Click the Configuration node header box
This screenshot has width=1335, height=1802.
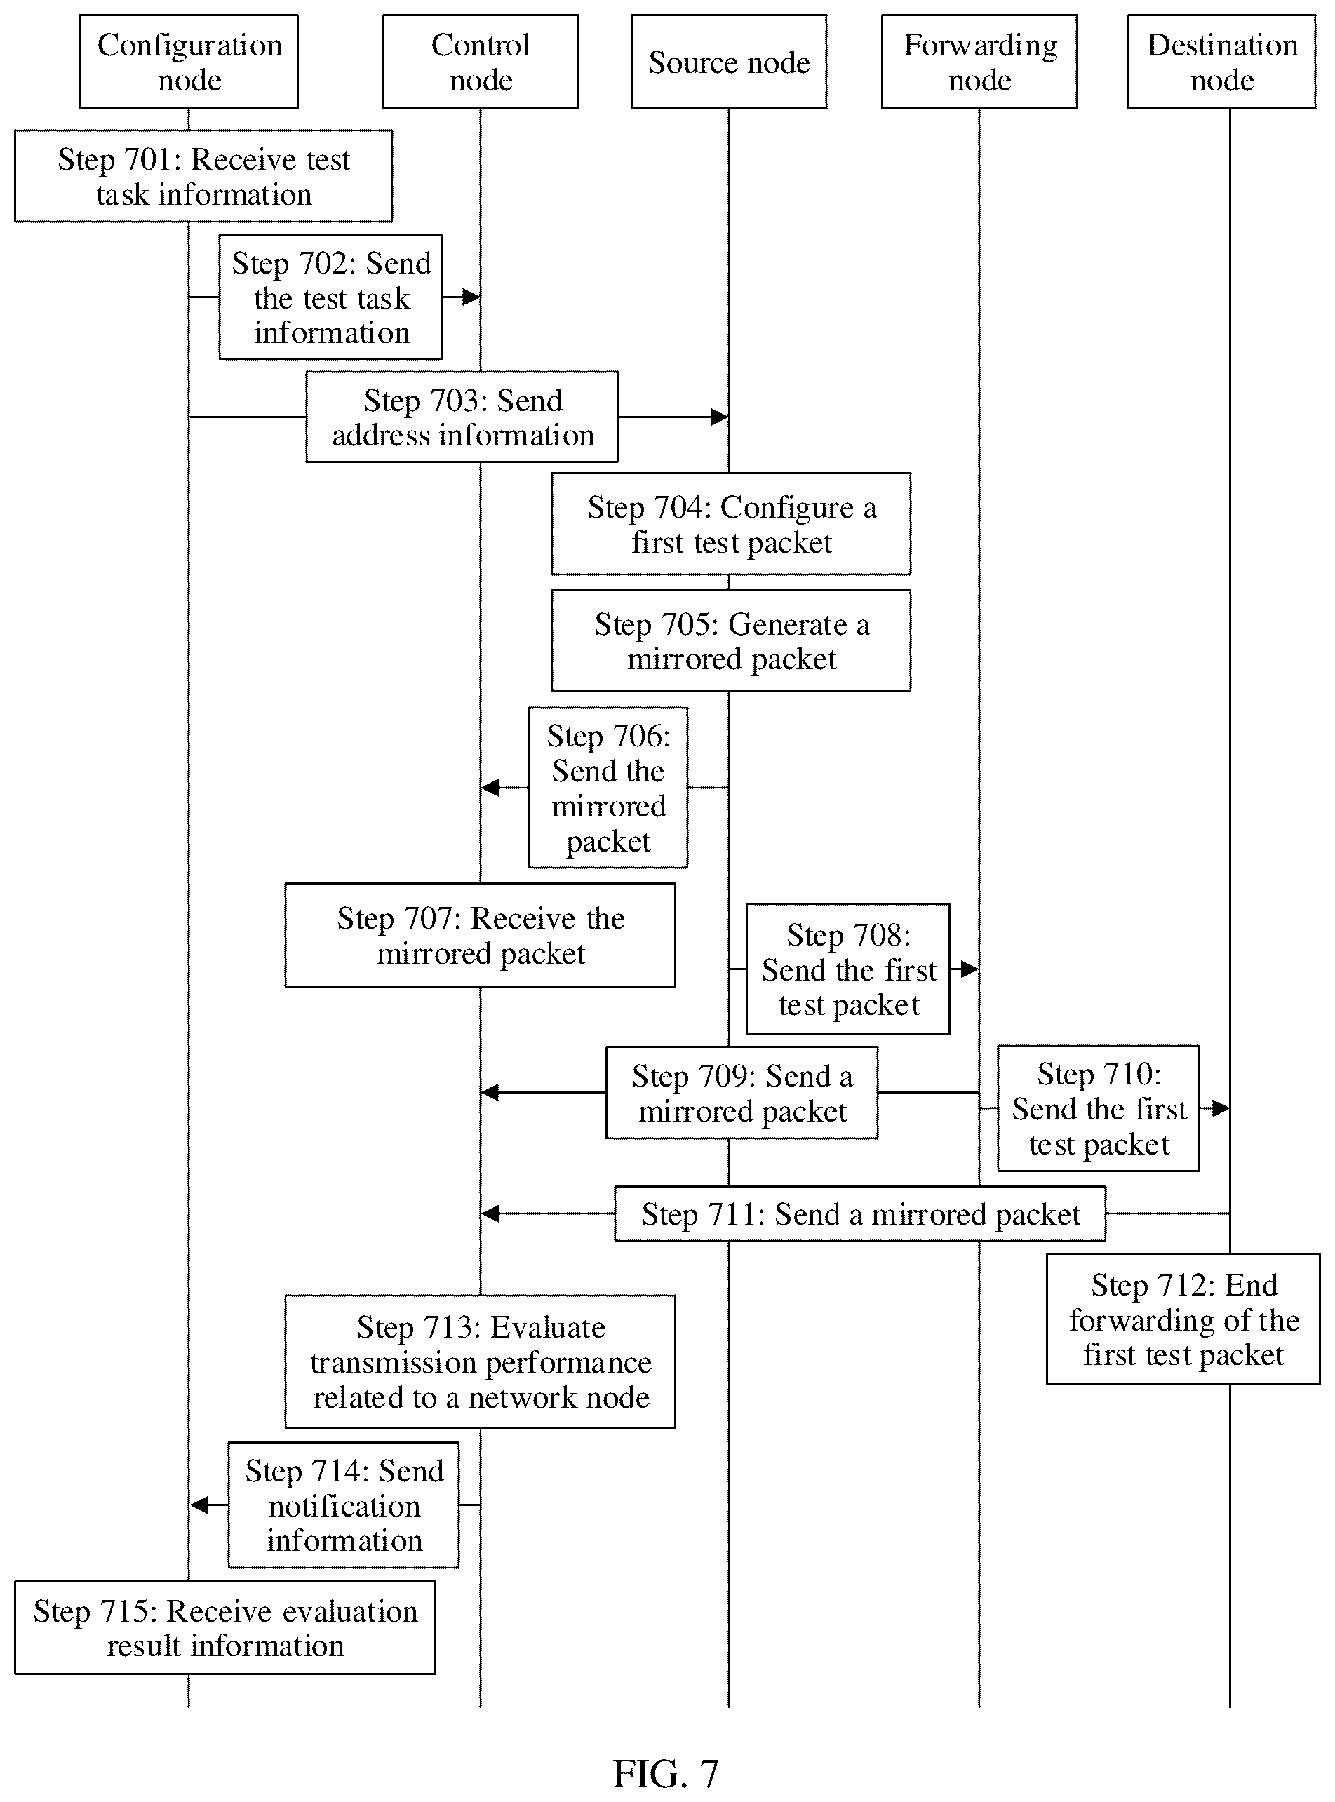coord(188,62)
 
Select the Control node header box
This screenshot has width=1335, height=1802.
coord(481,62)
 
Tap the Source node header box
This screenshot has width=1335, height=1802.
coord(729,62)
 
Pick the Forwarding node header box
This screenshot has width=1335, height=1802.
coord(979,62)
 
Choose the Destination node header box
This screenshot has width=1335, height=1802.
coord(1222,62)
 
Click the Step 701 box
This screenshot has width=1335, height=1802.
coord(203,176)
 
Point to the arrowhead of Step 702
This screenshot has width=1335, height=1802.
coord(472,297)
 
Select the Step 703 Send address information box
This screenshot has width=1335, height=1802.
coord(462,417)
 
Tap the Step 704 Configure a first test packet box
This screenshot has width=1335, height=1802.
coord(732,524)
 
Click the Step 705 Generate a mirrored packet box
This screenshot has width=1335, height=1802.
coord(732,641)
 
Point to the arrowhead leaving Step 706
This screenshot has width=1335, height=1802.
coord(490,787)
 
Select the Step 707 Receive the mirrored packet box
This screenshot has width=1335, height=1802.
coord(480,935)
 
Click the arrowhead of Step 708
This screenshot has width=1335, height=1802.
coord(970,969)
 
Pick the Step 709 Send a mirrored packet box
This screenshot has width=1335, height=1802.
coord(742,1093)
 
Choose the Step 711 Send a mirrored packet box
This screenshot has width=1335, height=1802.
coord(860,1213)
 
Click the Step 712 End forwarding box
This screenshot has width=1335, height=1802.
coord(1183,1319)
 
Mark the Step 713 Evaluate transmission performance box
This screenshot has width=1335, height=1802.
coord(480,1361)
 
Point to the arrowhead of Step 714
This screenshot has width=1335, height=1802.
coord(199,1505)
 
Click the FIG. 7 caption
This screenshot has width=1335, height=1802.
coord(666,1774)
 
